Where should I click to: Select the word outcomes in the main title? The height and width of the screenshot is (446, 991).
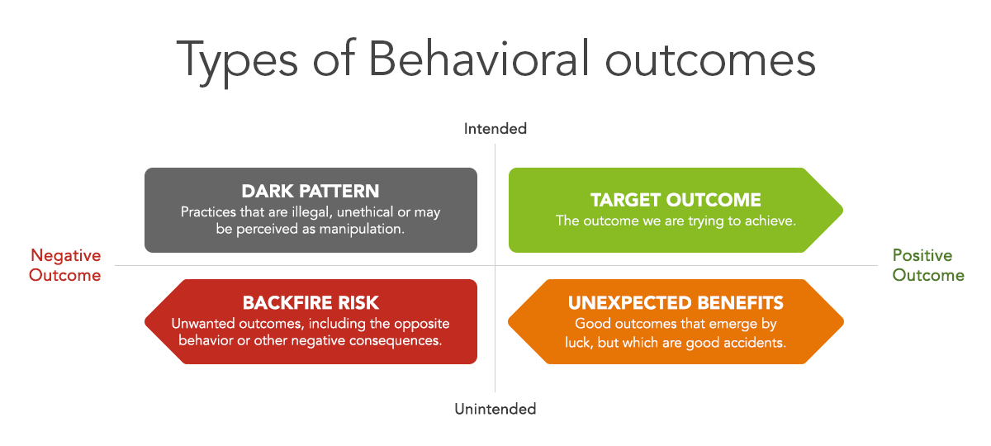point(710,61)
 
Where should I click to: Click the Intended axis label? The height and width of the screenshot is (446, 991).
point(495,129)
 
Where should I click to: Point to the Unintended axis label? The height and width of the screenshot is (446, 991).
point(495,409)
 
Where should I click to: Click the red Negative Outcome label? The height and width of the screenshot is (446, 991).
point(65,265)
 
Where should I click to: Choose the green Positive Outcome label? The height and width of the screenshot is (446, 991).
point(928,265)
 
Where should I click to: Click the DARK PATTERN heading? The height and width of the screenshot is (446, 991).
point(311,191)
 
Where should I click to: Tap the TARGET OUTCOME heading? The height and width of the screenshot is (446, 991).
point(676,200)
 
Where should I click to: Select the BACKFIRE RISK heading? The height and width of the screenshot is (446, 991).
point(311,302)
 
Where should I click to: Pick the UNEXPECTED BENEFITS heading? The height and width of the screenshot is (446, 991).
point(676,302)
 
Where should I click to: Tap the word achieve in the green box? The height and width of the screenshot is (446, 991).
point(771,221)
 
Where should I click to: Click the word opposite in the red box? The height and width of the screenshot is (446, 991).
point(422,325)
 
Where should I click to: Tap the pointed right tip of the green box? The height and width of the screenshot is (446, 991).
point(842,210)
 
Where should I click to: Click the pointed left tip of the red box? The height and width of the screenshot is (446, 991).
point(145,321)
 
